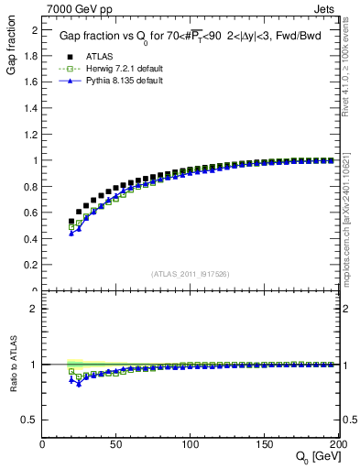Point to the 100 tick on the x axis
click(x=191, y=443)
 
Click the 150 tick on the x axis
click(x=265, y=443)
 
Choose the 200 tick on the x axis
click(x=337, y=443)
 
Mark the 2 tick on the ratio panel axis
click(x=35, y=308)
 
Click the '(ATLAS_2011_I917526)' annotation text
click(x=191, y=273)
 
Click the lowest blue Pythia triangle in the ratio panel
click(x=79, y=384)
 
